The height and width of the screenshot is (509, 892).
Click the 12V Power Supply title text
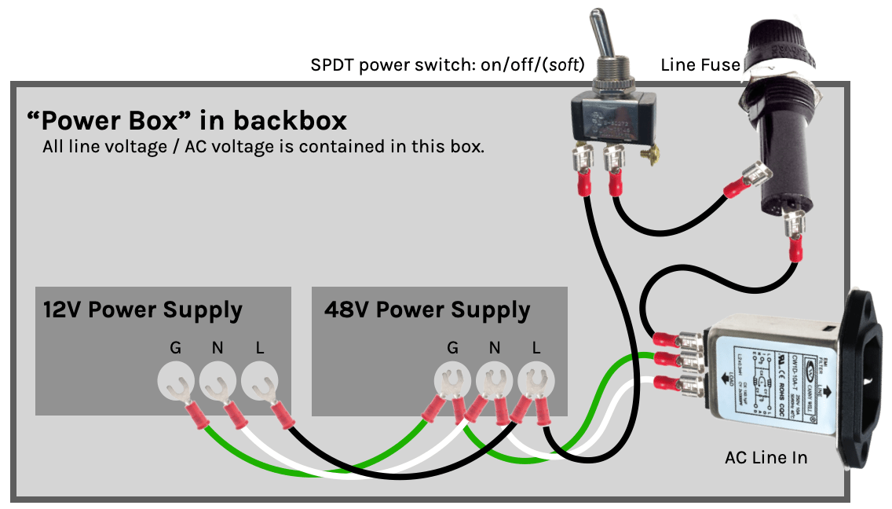142,309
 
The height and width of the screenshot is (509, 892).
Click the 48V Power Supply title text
427,309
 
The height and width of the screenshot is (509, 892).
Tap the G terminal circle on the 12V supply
176,382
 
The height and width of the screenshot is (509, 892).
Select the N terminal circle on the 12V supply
218,382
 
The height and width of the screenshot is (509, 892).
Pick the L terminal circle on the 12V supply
259,382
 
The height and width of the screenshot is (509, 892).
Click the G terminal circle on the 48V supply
452,382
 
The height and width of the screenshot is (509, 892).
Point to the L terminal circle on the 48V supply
536,382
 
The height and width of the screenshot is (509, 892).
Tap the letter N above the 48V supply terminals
494,347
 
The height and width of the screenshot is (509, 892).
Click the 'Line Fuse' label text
700,64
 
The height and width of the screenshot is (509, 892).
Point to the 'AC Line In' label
766,457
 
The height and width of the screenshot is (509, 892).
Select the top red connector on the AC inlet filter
667,339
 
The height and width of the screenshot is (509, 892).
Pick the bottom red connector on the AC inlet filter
667,384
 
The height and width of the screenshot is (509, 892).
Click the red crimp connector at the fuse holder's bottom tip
795,249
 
